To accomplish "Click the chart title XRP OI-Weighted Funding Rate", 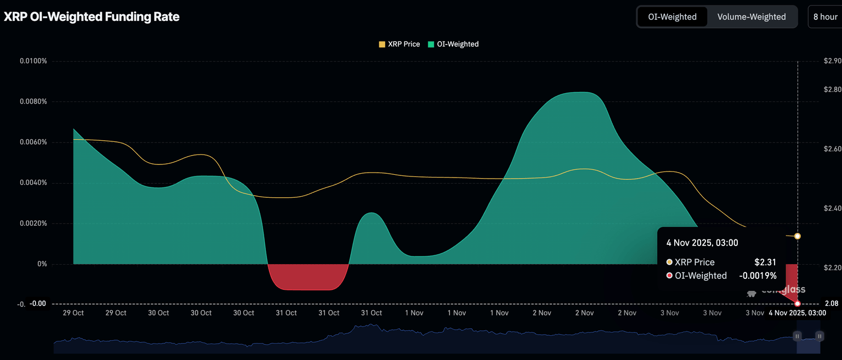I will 92,17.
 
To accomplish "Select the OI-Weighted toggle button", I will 672,17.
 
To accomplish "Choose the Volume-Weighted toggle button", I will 751,17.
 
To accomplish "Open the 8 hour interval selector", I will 825,17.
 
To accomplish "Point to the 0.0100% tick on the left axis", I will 33,61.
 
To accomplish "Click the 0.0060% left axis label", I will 33,142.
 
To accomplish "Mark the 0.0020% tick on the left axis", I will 33,224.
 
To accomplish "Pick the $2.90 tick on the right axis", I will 832,61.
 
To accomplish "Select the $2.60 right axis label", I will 832,149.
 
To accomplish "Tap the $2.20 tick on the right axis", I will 832,267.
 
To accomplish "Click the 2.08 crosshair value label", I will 831,304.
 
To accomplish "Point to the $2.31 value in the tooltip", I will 765,262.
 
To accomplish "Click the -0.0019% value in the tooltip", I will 758,276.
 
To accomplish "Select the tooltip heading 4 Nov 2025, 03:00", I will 702,243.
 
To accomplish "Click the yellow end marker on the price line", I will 797,236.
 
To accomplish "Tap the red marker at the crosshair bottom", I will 797,304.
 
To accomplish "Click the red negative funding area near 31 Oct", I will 308,277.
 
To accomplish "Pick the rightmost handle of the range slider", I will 819,336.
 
